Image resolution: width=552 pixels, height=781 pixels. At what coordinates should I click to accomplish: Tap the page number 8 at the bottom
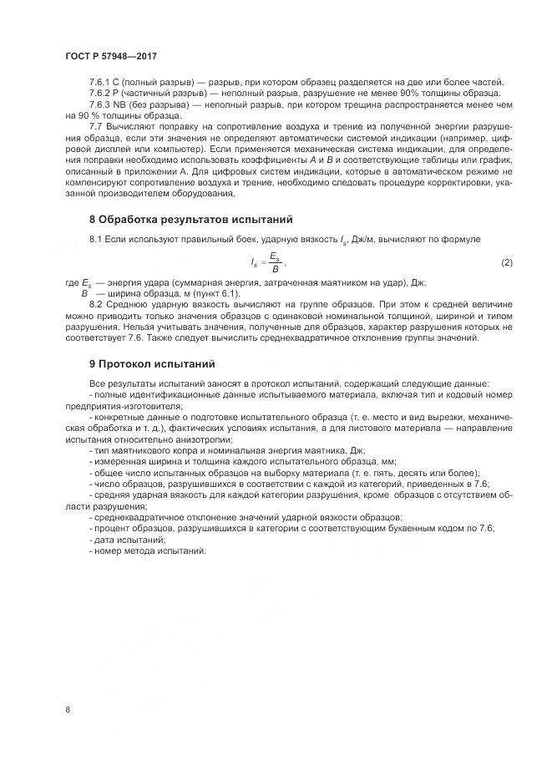tap(68, 710)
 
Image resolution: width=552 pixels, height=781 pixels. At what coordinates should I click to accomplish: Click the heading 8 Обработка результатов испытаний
tap(190, 220)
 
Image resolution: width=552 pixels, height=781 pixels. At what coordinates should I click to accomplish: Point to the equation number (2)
tap(506, 263)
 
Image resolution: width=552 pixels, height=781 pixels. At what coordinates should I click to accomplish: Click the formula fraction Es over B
tap(275, 263)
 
